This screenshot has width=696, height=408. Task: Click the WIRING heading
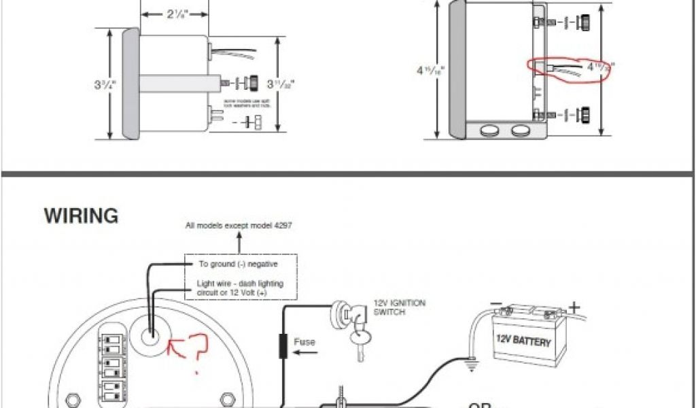pos(81,216)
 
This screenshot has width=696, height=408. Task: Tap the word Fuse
pos(304,342)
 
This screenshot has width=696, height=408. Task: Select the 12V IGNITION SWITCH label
pos(400,307)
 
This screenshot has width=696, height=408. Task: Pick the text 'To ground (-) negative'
pos(238,263)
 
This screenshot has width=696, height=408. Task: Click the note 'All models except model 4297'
pos(239,226)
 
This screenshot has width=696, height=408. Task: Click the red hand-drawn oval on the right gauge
pos(569,68)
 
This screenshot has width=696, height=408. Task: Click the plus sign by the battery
pos(574,308)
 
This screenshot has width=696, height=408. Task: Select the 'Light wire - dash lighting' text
pos(241,284)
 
